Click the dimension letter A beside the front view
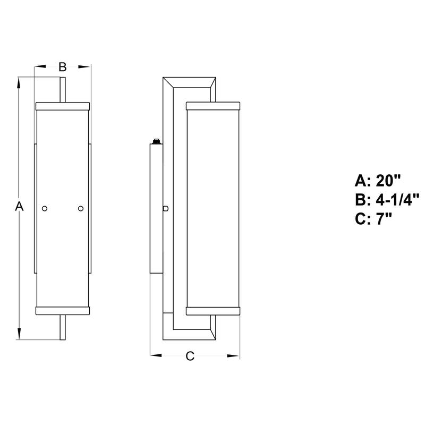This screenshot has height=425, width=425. click(19, 206)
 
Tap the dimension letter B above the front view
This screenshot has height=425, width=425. click(63, 67)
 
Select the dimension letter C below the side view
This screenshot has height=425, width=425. click(190, 356)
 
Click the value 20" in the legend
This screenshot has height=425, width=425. click(388, 180)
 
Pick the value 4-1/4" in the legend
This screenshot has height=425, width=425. click(397, 200)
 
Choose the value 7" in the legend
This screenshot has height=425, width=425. click(384, 219)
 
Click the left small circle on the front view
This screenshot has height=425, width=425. click(45, 208)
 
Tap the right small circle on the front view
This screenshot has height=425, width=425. click(81, 208)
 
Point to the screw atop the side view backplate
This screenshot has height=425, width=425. click(156, 141)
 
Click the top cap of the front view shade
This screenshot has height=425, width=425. click(63, 106)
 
